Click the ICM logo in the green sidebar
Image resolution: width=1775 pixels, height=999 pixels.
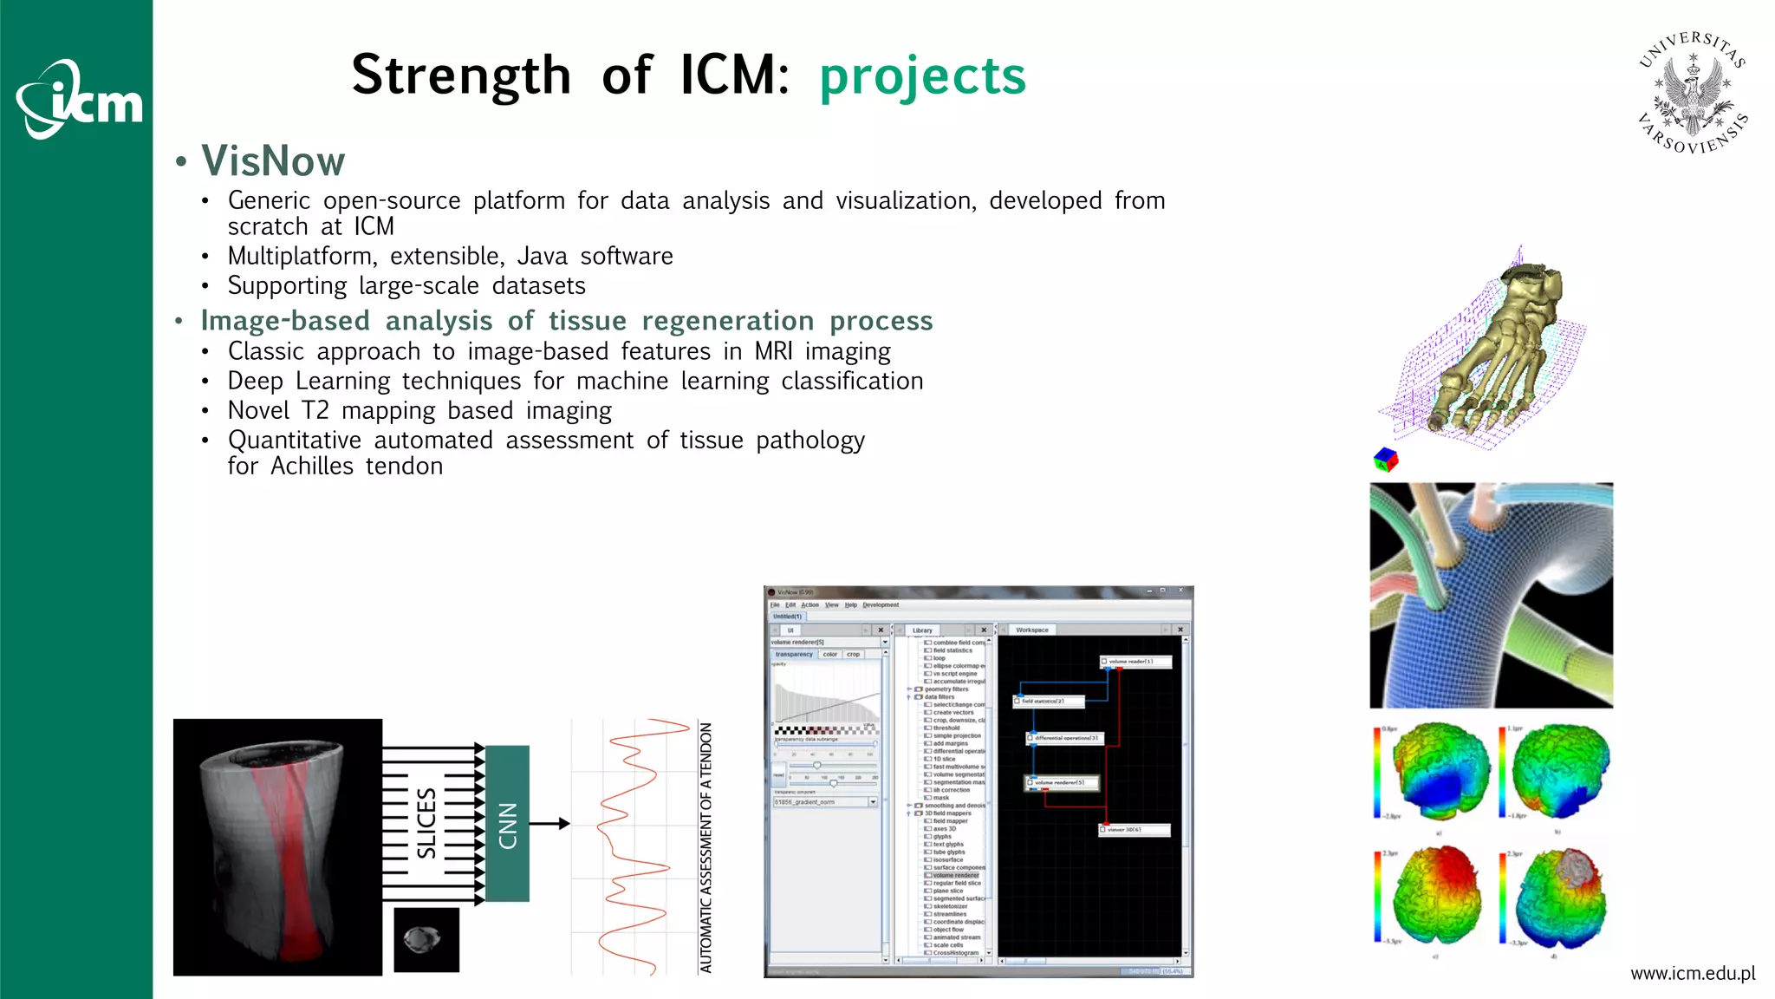point(80,100)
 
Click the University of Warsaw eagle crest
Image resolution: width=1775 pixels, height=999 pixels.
point(1693,93)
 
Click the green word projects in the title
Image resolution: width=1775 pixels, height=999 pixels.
point(922,76)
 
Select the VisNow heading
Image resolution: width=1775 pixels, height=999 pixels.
point(273,161)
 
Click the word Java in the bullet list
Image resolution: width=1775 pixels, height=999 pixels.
point(543,257)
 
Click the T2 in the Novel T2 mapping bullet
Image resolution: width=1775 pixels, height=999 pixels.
point(315,410)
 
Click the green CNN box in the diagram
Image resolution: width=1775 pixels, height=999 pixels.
point(507,824)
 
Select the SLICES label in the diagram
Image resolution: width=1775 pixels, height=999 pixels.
point(426,824)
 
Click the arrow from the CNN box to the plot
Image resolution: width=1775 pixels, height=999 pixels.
point(549,823)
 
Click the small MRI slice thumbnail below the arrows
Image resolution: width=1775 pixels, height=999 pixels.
point(426,940)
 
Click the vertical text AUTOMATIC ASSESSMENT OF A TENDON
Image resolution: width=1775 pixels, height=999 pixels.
point(705,847)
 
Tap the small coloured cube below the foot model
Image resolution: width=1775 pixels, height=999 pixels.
point(1386,460)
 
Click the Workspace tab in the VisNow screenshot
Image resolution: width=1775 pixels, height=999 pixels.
point(1031,630)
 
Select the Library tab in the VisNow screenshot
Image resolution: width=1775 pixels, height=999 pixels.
point(922,630)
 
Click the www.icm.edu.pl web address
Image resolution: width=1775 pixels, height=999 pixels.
point(1692,974)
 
